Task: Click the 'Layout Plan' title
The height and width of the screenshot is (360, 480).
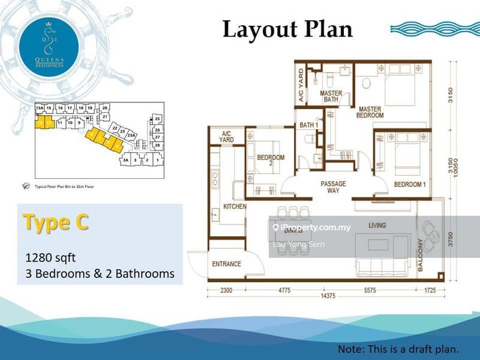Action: (x=287, y=29)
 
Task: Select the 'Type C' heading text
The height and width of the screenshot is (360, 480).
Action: (x=56, y=222)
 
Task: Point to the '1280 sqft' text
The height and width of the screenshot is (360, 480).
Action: (x=50, y=258)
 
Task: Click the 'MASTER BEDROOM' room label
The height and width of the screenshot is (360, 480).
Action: (x=370, y=112)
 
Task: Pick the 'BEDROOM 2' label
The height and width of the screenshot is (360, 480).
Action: (x=271, y=161)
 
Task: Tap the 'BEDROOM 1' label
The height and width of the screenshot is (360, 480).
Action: (x=410, y=184)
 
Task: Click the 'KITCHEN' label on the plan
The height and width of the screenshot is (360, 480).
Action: (x=235, y=206)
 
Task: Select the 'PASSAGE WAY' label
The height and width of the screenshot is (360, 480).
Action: (x=333, y=187)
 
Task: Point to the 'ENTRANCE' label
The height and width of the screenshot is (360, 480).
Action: (x=227, y=264)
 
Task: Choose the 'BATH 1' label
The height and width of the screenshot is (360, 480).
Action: (x=309, y=125)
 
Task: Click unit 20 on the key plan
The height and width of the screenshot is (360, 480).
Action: (x=104, y=107)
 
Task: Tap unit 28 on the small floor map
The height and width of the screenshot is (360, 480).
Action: (x=157, y=145)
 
